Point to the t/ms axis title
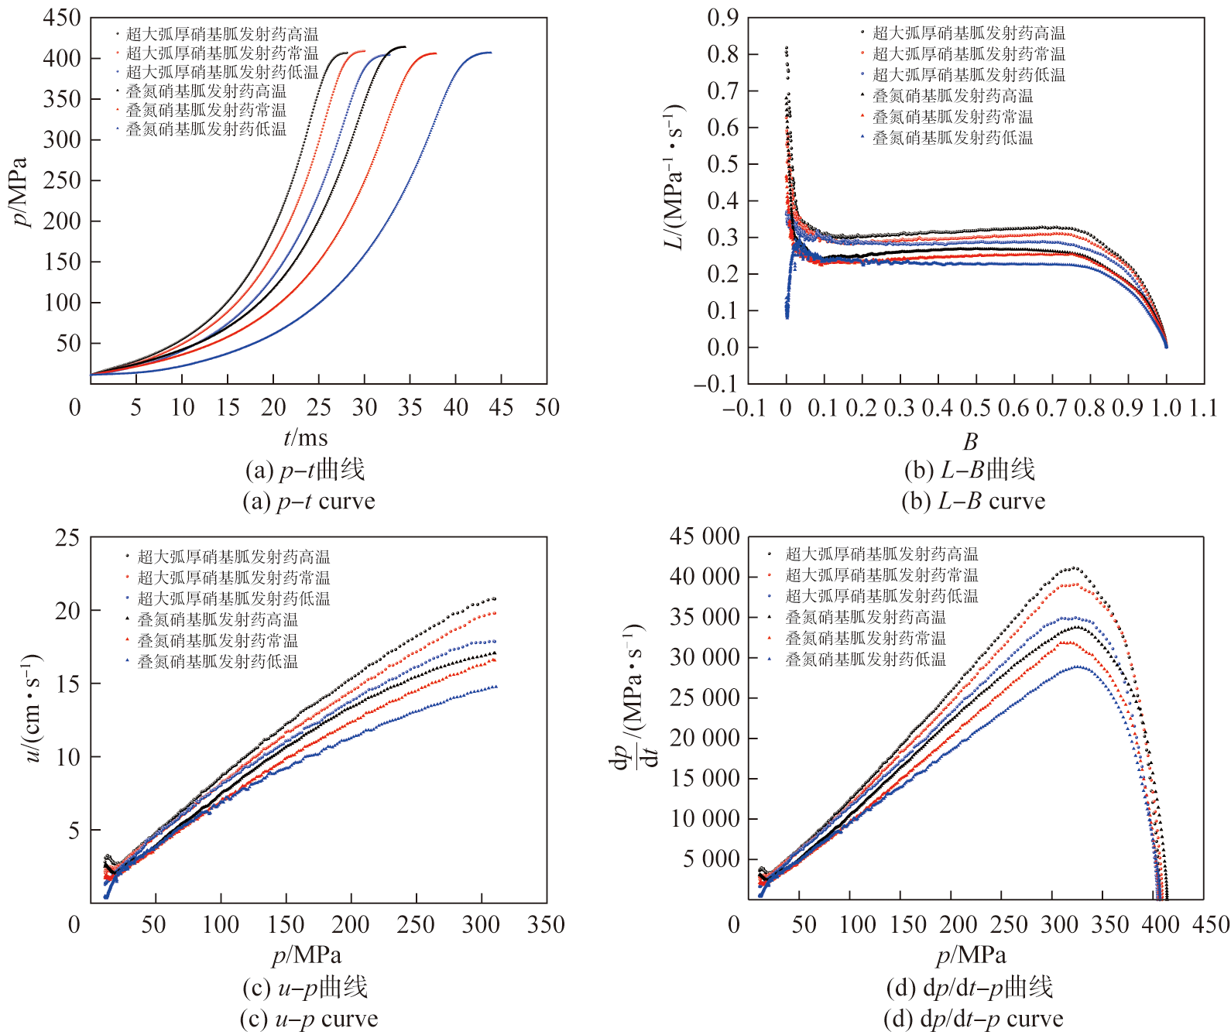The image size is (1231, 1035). pyautogui.click(x=306, y=438)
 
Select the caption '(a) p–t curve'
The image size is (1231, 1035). pyautogui.click(x=309, y=502)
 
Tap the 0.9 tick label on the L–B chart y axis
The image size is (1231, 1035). pyautogui.click(x=723, y=18)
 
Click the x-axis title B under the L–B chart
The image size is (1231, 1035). pyautogui.click(x=970, y=441)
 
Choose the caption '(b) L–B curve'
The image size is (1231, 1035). pyautogui.click(x=973, y=502)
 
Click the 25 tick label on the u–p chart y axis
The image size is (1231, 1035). pyautogui.click(x=67, y=537)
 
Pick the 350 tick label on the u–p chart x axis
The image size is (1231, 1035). pyautogui.click(x=546, y=924)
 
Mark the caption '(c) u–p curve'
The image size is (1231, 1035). pyautogui.click(x=309, y=1019)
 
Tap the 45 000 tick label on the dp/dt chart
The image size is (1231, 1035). pyautogui.click(x=705, y=536)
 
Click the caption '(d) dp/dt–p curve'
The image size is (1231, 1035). pyautogui.click(x=973, y=1019)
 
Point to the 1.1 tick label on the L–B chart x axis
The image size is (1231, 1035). pyautogui.click(x=1203, y=408)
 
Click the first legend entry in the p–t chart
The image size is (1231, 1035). pyautogui.click(x=221, y=34)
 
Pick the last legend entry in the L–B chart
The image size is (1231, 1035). pyautogui.click(x=952, y=138)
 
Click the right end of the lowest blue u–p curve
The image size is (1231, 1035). pyautogui.click(x=495, y=687)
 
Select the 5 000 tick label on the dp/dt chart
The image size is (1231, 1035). pyautogui.click(x=711, y=859)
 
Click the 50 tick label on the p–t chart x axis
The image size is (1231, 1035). pyautogui.click(x=547, y=408)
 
